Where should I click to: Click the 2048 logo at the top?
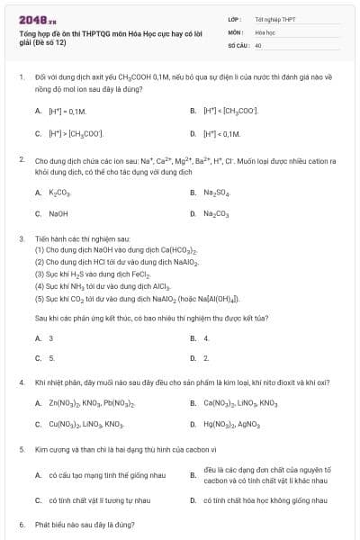(31, 18)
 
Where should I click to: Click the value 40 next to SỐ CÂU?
(258, 44)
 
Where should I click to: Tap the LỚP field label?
(234, 19)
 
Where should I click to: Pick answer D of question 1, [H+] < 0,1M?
(223, 133)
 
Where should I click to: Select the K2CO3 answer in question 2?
(58, 192)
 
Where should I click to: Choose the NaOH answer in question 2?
(58, 214)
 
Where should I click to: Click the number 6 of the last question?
(21, 523)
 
